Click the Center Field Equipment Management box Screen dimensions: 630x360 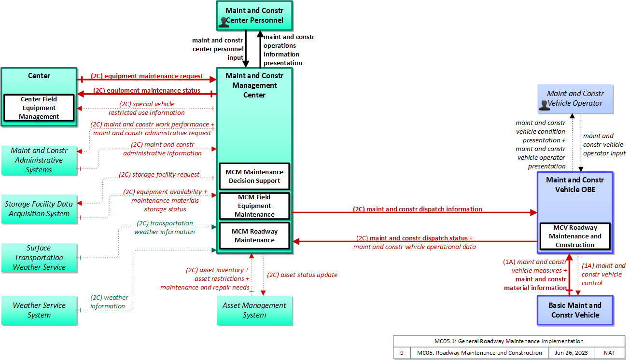click(x=39, y=108)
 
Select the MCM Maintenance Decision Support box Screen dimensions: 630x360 click(x=254, y=176)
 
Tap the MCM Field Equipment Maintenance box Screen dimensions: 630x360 click(x=254, y=206)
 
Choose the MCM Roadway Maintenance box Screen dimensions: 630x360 click(x=254, y=235)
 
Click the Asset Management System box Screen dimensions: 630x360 click(x=254, y=310)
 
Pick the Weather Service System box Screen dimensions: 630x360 click(x=39, y=310)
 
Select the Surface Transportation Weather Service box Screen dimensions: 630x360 click(x=39, y=258)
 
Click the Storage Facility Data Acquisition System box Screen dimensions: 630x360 click(x=39, y=209)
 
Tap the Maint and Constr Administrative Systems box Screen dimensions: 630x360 click(x=39, y=160)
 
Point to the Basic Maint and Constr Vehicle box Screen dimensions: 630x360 click(x=575, y=310)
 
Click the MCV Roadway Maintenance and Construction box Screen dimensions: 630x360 click(x=575, y=236)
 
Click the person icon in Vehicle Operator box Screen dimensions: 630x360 click(x=544, y=105)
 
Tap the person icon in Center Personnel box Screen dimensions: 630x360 click(x=224, y=23)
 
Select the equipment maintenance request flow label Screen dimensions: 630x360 click(x=147, y=76)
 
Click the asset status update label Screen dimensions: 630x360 click(x=302, y=275)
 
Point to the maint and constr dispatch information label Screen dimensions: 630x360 click(x=418, y=209)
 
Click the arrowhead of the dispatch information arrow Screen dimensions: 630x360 click(x=533, y=212)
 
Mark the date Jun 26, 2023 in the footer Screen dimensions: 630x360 click(x=571, y=353)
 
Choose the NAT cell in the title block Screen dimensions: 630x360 click(x=609, y=353)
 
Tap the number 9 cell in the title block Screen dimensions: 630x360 click(x=402, y=353)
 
